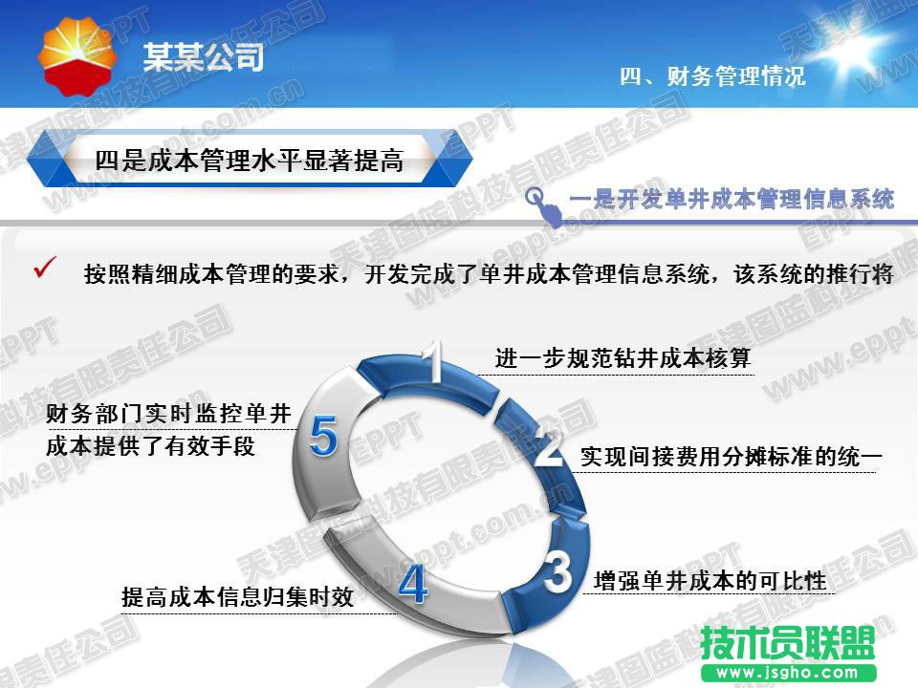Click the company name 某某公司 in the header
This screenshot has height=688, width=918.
click(x=204, y=57)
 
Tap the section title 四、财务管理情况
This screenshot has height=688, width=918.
click(x=712, y=76)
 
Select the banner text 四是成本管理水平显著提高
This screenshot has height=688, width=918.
click(x=250, y=161)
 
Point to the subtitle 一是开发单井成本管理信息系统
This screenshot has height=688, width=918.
click(x=732, y=199)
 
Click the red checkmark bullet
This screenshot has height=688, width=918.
click(x=45, y=267)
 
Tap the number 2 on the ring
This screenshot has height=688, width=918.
click(x=549, y=446)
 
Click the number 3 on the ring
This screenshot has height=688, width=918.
click(x=557, y=571)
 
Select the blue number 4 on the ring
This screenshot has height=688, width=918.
click(x=413, y=583)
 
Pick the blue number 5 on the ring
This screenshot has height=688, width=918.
click(x=324, y=436)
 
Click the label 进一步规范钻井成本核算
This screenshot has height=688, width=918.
click(x=623, y=357)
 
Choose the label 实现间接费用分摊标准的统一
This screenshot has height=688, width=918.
click(x=732, y=457)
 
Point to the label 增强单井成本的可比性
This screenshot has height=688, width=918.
click(x=710, y=581)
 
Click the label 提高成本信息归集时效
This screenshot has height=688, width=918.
click(x=238, y=596)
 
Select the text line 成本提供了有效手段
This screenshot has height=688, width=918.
click(x=150, y=446)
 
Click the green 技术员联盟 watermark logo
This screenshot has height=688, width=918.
click(x=788, y=643)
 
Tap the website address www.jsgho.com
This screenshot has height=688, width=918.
click(x=788, y=672)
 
